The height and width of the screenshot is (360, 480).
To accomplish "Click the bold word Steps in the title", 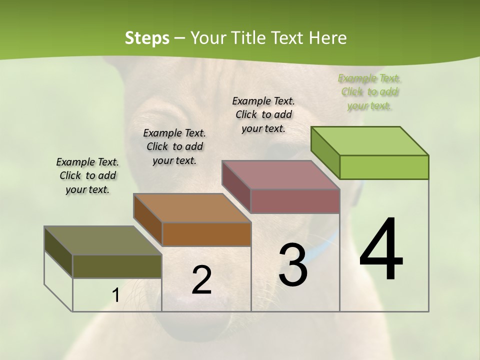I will pos(146,38).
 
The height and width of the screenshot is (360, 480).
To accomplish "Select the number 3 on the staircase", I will pos(293,265).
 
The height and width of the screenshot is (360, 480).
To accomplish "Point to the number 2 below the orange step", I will pos(201,280).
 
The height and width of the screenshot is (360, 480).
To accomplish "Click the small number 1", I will pos(115,295).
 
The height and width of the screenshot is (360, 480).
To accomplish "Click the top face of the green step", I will pos(370,141).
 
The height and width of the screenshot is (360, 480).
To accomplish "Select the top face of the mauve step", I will pos(281,175).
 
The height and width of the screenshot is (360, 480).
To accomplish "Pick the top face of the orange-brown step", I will pos(192,208).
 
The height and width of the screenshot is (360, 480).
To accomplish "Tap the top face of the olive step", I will pos(103,240).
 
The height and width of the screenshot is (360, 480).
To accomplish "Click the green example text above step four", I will pos(369,92).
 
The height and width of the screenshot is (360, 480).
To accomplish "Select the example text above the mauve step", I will pos(263,114).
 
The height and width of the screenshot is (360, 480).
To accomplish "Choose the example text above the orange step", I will pos(174,146).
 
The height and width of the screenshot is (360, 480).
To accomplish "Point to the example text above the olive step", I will pos(87,175).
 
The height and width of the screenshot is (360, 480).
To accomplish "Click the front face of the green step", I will pos(384,167).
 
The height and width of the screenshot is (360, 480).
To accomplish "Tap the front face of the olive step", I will pos(117,266).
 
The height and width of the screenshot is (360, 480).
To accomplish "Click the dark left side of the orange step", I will pos(147,219).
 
